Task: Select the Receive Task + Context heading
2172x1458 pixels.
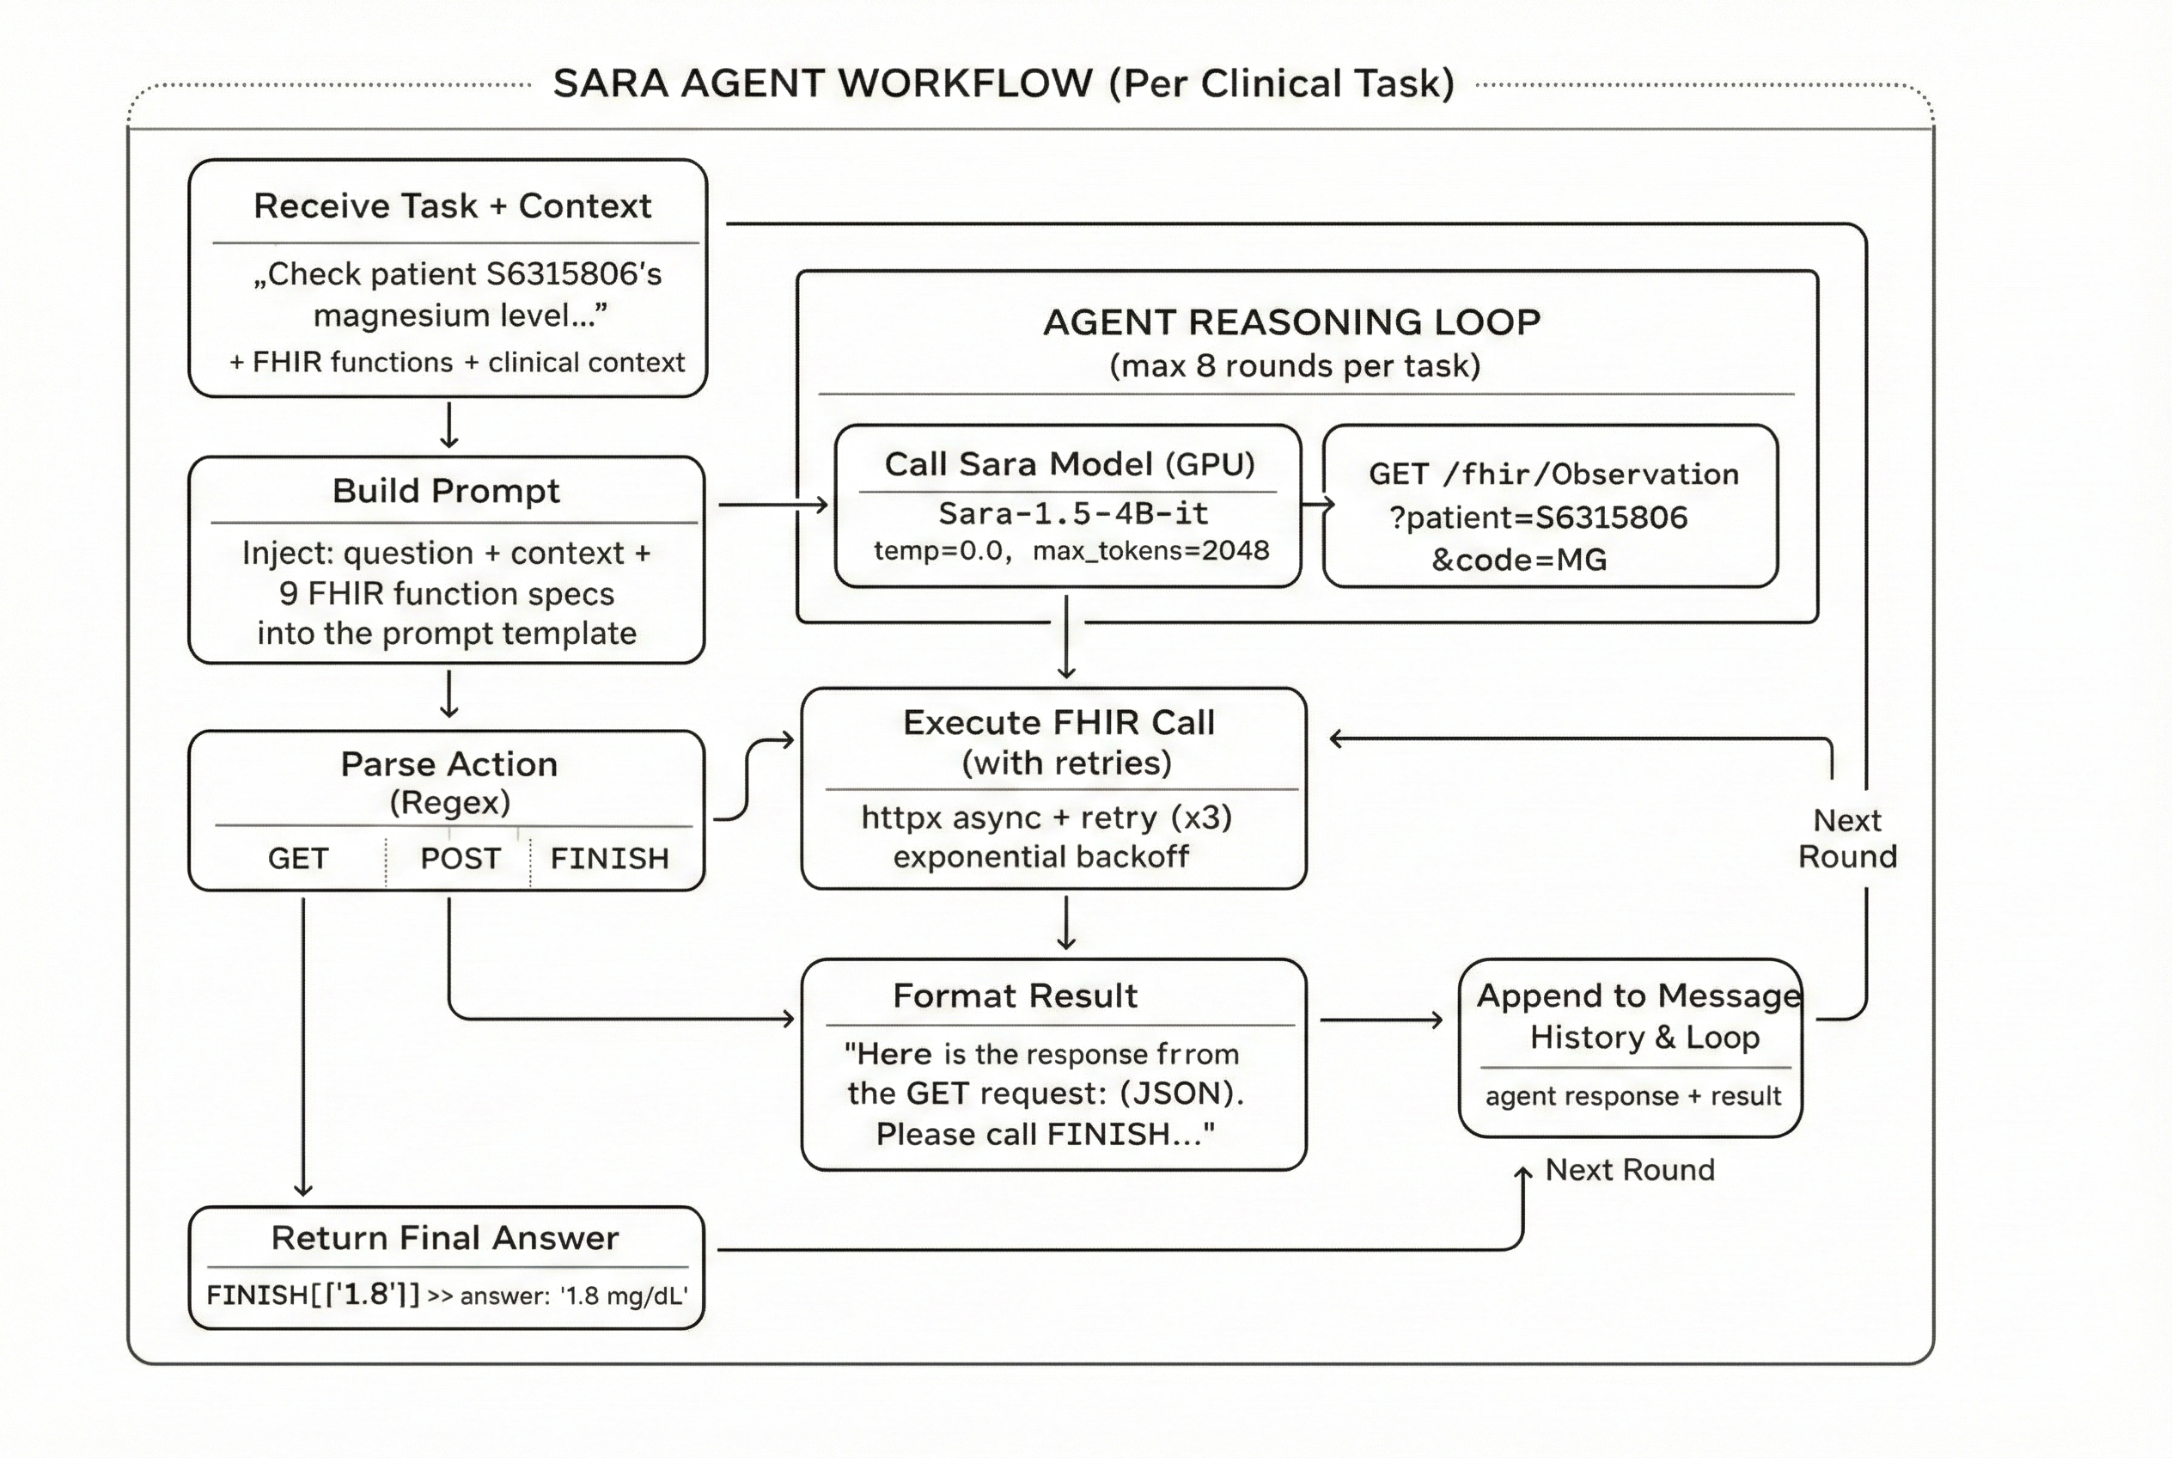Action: coord(452,205)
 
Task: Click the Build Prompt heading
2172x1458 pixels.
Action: coord(446,491)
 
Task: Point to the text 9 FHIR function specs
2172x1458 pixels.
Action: coord(446,593)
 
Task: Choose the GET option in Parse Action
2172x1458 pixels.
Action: coord(297,858)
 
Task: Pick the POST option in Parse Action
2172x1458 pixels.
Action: coord(460,858)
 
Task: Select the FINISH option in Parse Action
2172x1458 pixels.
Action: coord(609,858)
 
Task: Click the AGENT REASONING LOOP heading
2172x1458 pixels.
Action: coord(1292,322)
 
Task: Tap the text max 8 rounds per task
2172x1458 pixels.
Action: coord(1295,365)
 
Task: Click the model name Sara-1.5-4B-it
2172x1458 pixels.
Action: coord(1072,513)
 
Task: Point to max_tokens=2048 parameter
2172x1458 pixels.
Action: coord(1150,550)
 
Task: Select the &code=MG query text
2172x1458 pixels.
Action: coord(1519,560)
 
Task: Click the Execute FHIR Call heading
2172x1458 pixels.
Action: coord(1059,722)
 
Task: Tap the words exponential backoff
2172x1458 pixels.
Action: coord(1041,856)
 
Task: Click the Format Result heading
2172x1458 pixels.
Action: coord(1014,995)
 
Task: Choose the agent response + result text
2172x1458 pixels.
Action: coord(1632,1096)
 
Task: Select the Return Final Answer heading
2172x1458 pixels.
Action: coord(444,1239)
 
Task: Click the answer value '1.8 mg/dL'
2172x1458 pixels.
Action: coord(624,1296)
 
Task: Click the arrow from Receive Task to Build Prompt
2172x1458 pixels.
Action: coord(448,426)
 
